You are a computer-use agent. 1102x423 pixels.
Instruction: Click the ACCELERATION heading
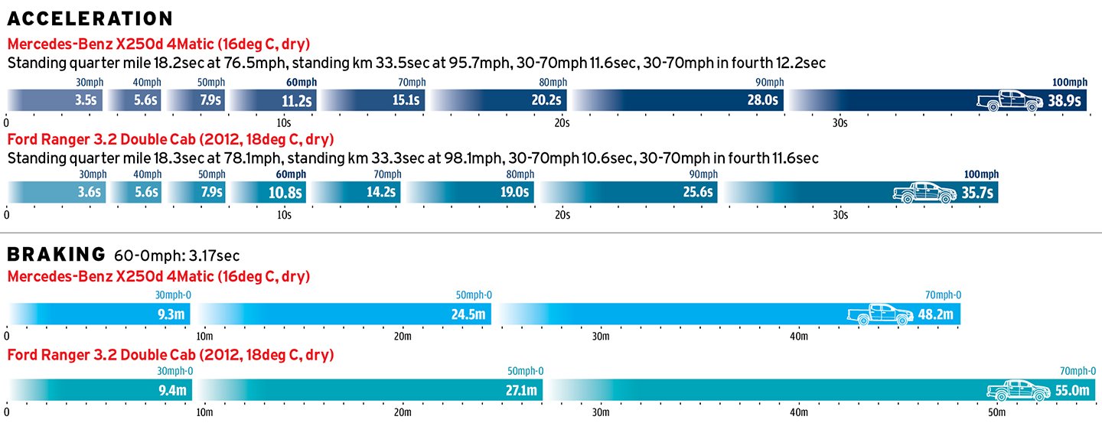(90, 18)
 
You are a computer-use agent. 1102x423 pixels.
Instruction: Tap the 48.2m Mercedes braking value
(937, 314)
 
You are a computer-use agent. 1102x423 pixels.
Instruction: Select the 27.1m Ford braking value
(523, 391)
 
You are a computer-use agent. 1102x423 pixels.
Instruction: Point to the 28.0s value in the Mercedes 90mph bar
(764, 100)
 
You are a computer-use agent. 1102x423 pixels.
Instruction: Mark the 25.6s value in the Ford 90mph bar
(698, 193)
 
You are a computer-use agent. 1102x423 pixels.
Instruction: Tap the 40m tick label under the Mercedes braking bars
(798, 337)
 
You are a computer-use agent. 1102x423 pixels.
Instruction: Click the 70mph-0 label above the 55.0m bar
(1078, 371)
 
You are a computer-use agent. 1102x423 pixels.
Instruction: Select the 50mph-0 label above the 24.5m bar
(474, 295)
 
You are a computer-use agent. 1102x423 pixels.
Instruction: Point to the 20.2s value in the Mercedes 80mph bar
(547, 100)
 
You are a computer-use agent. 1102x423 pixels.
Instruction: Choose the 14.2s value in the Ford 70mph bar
(380, 193)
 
